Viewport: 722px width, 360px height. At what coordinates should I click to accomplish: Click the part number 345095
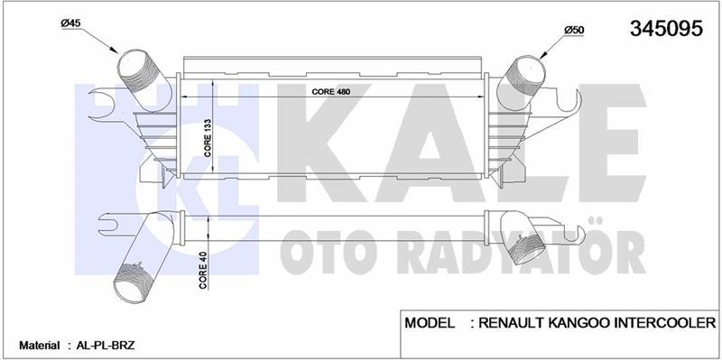(666, 29)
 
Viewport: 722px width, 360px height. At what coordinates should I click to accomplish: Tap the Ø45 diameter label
(70, 23)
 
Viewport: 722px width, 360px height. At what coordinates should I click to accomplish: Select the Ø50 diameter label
(574, 30)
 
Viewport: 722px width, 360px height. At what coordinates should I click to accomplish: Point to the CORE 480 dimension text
(331, 92)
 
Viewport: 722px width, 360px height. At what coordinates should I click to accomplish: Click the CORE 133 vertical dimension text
(208, 139)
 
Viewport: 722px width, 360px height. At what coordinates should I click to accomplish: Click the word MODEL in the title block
(430, 322)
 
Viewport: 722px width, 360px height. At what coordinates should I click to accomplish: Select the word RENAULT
(512, 322)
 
